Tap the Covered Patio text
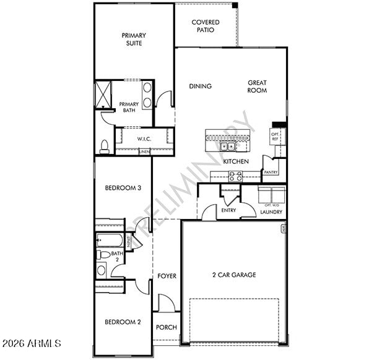(x=205, y=26)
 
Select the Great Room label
(x=257, y=87)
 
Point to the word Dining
(x=200, y=87)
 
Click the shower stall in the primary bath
(x=102, y=95)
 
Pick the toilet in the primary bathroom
(x=105, y=146)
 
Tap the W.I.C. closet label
(x=144, y=139)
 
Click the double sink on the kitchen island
(x=228, y=147)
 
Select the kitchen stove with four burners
(x=236, y=176)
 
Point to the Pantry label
(x=271, y=173)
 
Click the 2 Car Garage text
(x=234, y=275)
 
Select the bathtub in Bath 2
(x=110, y=239)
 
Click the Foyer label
(x=167, y=276)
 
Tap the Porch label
(x=166, y=327)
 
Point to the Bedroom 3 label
(x=123, y=188)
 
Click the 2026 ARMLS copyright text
(x=32, y=343)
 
